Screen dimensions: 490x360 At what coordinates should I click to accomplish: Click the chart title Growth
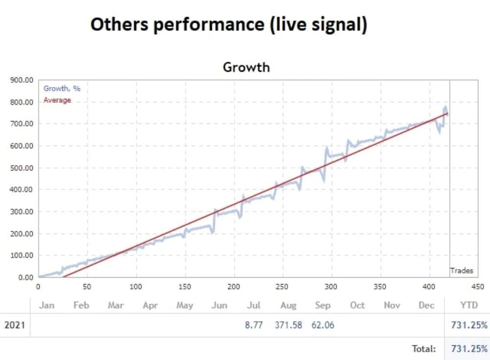246,67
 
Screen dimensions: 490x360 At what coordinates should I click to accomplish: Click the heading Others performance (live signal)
229,24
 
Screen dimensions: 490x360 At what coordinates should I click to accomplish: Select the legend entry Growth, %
62,89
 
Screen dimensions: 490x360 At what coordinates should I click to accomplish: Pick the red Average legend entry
57,100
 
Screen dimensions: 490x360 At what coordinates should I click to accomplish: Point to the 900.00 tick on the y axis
22,80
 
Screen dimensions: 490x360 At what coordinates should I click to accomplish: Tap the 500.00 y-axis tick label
22,168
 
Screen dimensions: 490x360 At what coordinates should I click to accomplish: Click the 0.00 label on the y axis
25,278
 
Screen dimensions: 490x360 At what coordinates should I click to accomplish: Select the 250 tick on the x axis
282,287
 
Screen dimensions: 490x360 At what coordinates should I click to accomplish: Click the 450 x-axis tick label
477,287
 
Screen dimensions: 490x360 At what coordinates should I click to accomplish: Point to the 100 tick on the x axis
136,287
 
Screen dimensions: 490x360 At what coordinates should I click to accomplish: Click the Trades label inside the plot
462,271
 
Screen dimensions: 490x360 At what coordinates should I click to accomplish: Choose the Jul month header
253,305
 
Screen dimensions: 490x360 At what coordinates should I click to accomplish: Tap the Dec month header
426,305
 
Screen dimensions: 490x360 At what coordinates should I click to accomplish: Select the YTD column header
469,305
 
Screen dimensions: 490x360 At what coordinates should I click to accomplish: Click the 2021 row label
15,325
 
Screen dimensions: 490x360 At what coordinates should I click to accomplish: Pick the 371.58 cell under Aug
289,325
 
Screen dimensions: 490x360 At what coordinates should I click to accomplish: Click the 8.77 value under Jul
254,325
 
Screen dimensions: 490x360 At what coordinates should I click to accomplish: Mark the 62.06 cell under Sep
323,325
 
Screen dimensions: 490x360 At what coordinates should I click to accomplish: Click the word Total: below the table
424,348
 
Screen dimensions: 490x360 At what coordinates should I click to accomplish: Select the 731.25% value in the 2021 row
469,325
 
